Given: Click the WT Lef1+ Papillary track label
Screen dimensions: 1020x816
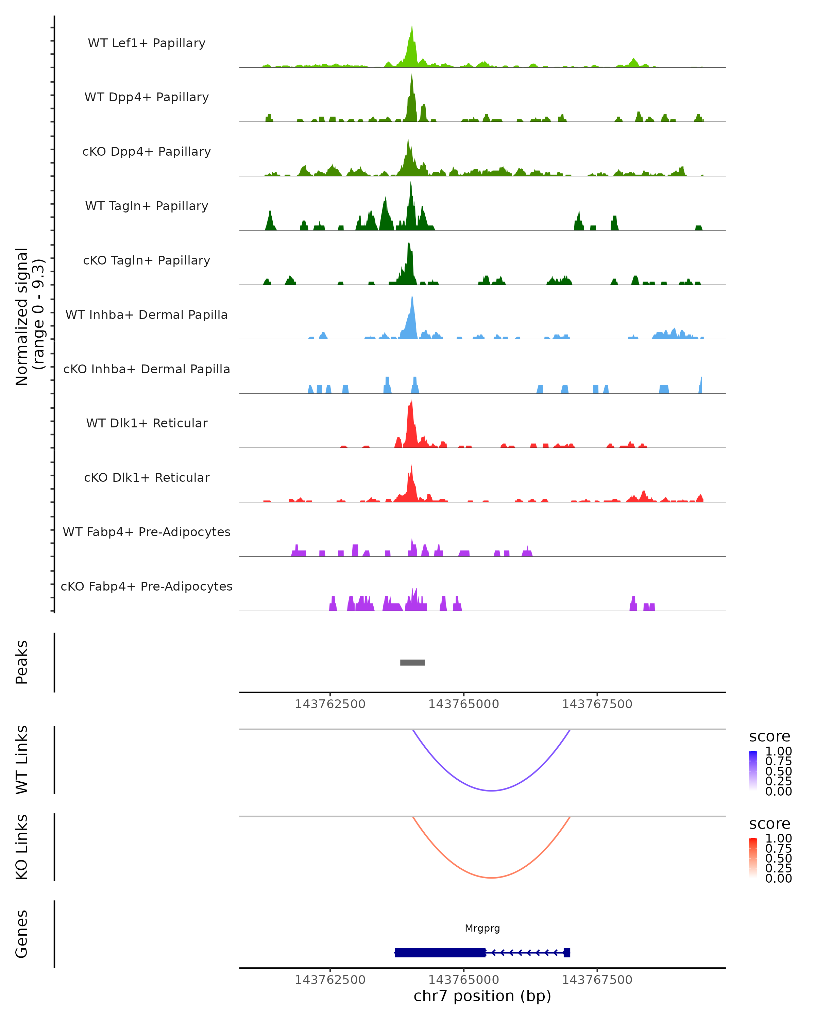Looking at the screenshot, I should coord(147,43).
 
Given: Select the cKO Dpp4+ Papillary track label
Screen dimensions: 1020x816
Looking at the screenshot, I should coord(147,151).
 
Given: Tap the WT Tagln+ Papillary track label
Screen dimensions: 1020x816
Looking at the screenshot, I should coord(147,206).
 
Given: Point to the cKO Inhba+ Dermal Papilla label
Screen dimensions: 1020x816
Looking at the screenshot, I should coord(147,369).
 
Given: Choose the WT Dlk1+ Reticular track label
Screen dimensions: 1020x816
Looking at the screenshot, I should coord(147,423).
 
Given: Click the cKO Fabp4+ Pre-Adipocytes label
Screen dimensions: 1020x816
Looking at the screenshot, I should coord(147,586).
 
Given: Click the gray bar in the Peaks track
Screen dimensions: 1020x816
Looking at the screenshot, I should coord(412,662).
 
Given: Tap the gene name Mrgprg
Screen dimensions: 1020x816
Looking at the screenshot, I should coord(482,928).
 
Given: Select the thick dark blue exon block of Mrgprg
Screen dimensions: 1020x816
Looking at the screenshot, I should coord(440,952).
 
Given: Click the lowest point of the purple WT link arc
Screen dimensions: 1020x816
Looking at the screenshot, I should coord(492,790).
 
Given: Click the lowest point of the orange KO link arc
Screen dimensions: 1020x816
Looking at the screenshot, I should coord(492,878).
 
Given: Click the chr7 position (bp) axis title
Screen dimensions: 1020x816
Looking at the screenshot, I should coord(482,996).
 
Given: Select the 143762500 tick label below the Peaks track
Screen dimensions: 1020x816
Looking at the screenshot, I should coord(330,704).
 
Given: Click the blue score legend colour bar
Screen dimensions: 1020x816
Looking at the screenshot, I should coord(753,770).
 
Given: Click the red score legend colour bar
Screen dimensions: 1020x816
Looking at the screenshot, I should coord(753,857).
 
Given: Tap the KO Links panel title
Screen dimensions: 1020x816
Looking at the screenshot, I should coord(22,847).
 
